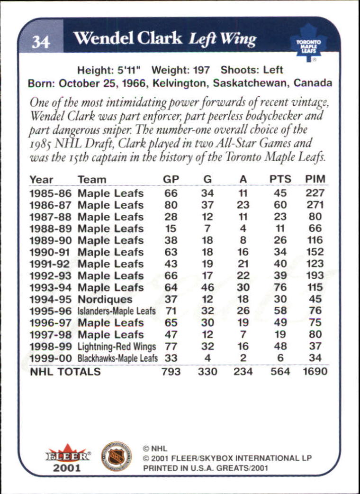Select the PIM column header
315,180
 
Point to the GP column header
171,180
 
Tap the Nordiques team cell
105,299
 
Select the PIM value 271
315,205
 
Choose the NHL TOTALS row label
65,372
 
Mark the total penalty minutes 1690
315,372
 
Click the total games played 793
171,372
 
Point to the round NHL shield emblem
116,456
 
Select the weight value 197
201,70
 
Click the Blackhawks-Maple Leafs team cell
117,358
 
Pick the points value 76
280,287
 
